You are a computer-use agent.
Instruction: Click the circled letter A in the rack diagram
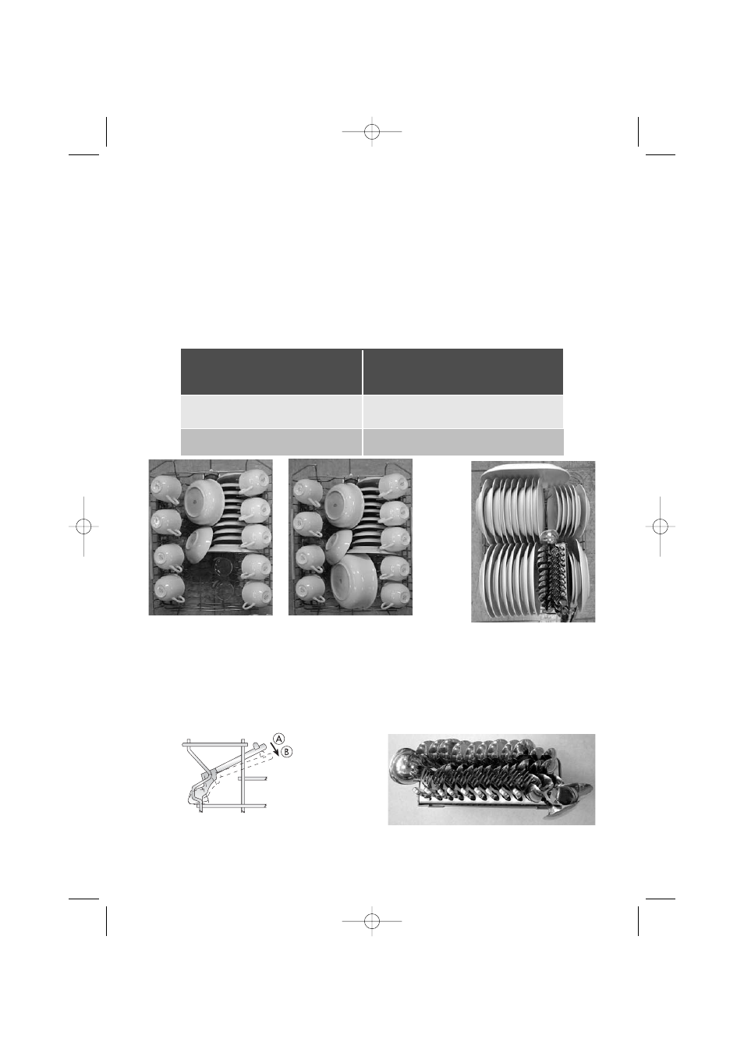[x=278, y=739]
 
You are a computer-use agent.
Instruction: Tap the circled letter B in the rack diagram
[x=287, y=752]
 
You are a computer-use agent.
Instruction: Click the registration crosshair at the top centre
[x=372, y=132]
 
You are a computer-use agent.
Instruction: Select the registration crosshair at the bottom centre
[x=372, y=921]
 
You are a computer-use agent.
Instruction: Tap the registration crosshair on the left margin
[x=83, y=526]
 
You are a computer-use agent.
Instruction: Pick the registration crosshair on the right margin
[x=660, y=526]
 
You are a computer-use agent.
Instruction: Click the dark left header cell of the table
[x=271, y=371]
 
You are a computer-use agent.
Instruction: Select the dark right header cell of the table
[x=463, y=371]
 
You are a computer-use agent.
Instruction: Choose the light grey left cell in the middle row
[x=271, y=411]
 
